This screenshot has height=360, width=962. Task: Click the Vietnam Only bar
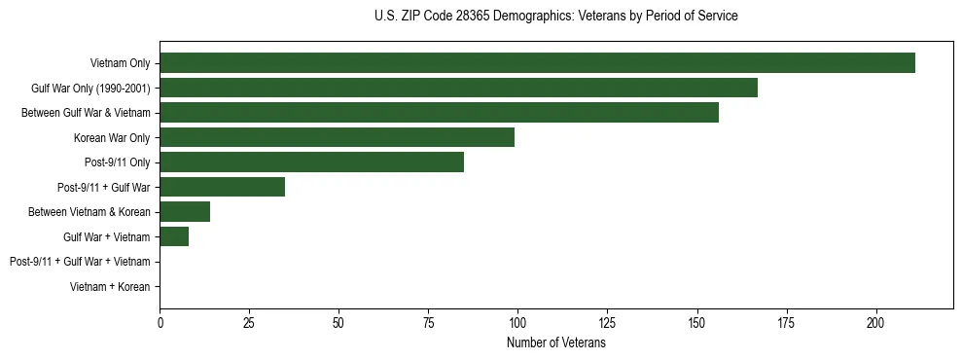click(x=537, y=63)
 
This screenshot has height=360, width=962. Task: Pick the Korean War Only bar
click(x=337, y=137)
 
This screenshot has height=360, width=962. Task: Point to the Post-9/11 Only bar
click(x=311, y=162)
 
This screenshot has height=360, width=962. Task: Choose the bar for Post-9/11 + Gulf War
click(x=222, y=187)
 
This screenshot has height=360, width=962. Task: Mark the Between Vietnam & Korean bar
click(x=185, y=212)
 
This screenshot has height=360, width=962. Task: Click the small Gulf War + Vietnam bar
click(x=174, y=236)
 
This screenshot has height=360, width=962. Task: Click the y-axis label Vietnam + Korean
click(x=110, y=287)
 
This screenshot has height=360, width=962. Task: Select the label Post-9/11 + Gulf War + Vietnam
click(x=80, y=262)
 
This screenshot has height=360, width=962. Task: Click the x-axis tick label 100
click(x=517, y=321)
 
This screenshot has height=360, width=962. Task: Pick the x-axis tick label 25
click(x=249, y=321)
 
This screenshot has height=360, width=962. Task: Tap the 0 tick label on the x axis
click(x=160, y=321)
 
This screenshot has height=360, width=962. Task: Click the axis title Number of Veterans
click(x=556, y=342)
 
